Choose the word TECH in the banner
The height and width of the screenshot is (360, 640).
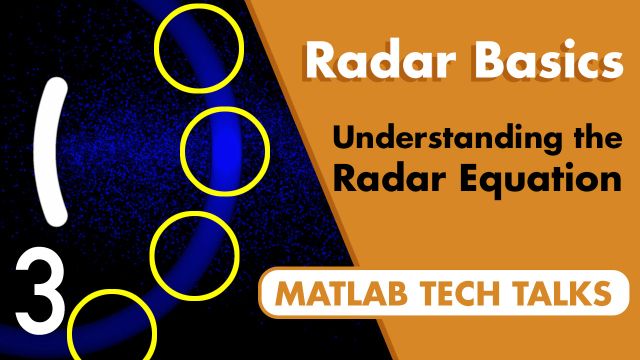coord(464,295)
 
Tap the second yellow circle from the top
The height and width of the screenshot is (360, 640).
coord(226,149)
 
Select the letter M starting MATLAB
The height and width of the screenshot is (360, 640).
coord(290,295)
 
